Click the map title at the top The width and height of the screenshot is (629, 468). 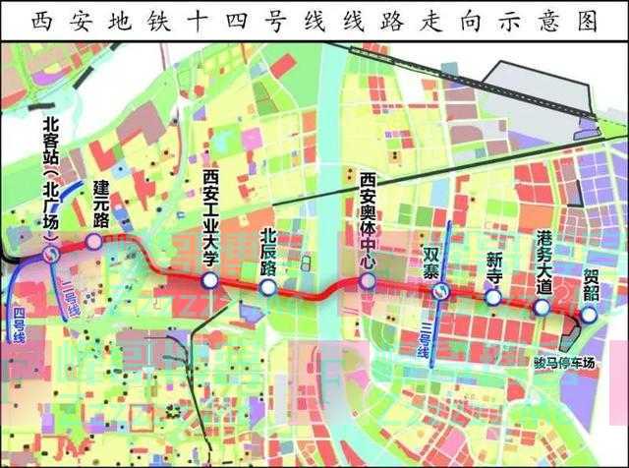pyautogui.click(x=314, y=19)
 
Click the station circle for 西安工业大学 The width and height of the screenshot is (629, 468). pyautogui.click(x=208, y=282)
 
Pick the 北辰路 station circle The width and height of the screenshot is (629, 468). pyautogui.click(x=267, y=287)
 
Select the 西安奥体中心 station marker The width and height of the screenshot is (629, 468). pyautogui.click(x=368, y=281)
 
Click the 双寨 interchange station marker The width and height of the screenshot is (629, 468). pyautogui.click(x=443, y=291)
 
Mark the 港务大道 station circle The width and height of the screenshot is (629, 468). pyautogui.click(x=542, y=307)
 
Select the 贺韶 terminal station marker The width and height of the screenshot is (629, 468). pyautogui.click(x=588, y=315)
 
